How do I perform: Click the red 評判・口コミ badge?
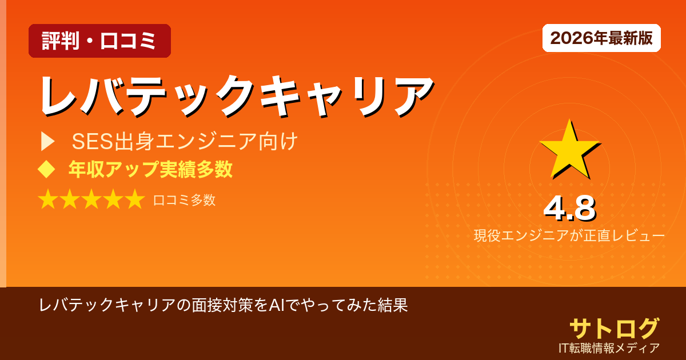click(99, 41)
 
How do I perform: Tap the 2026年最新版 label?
click(601, 38)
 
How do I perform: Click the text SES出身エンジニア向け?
click(185, 141)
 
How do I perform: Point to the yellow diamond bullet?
click(46, 169)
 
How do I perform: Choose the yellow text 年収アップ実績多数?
click(150, 169)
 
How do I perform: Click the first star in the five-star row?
click(49, 199)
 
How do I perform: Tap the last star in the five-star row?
click(134, 199)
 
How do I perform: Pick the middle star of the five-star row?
click(91, 199)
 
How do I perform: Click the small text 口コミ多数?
click(184, 200)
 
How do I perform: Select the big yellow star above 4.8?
click(569, 150)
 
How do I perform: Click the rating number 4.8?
click(569, 209)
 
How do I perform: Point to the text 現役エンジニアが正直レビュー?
click(569, 235)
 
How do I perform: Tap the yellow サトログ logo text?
click(614, 329)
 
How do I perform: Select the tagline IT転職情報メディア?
click(609, 347)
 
